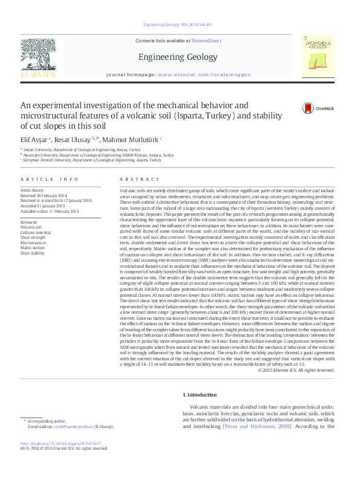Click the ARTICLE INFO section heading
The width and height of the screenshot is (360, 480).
coord(49,180)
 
